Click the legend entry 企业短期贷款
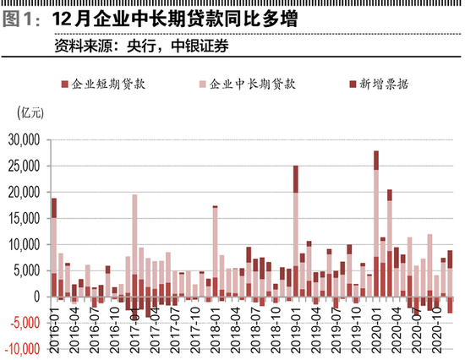(x=109, y=85)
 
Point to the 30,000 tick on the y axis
(x=25, y=140)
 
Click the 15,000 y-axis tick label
(x=25, y=219)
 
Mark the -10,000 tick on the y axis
(x=22, y=348)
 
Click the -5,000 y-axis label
(x=25, y=323)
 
